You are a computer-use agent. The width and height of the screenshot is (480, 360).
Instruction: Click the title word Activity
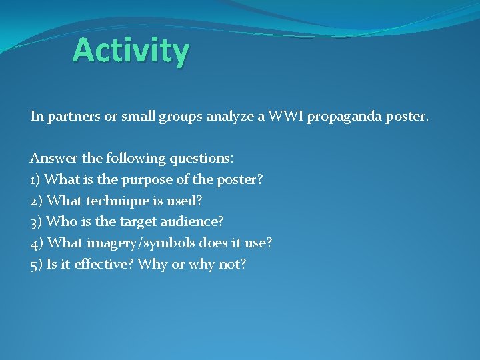pos(131,51)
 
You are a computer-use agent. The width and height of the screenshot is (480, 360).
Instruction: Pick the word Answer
pos(52,159)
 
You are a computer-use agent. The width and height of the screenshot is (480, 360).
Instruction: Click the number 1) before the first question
pos(36,180)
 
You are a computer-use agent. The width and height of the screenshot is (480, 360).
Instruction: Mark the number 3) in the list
pos(37,222)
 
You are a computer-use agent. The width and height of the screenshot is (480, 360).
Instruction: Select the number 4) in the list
pos(37,243)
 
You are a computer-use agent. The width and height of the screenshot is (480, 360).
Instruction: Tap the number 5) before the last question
pos(37,265)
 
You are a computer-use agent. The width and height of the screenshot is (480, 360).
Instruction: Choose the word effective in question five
pos(97,265)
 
